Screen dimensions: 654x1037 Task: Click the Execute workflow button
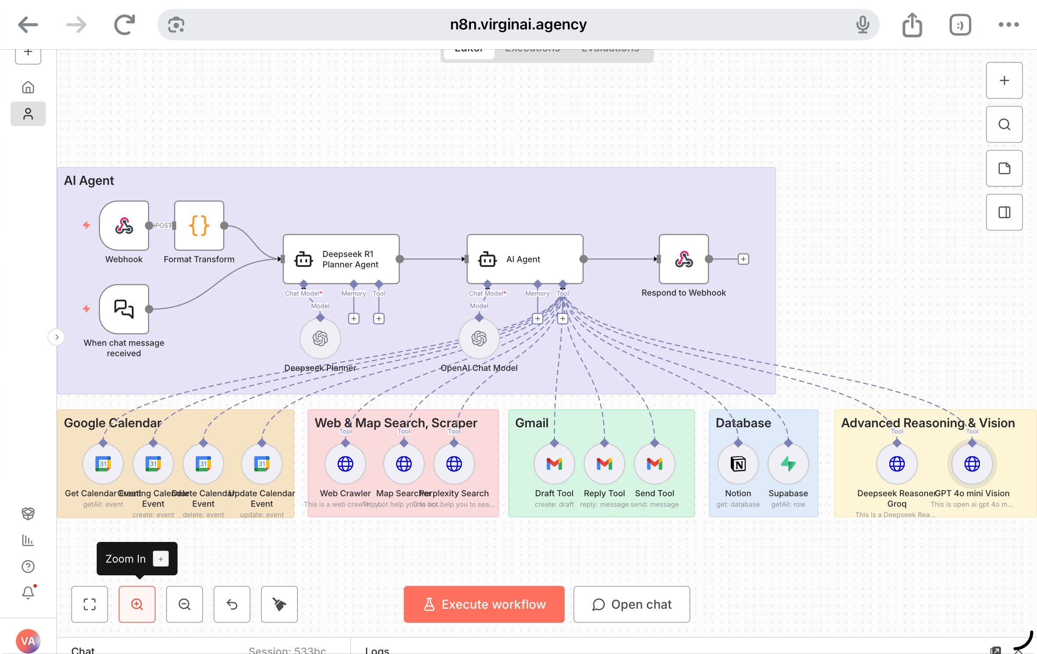tap(484, 604)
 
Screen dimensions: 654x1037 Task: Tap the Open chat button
tap(631, 604)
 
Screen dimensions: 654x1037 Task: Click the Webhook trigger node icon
tap(124, 226)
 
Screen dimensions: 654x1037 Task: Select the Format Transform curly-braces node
tap(199, 226)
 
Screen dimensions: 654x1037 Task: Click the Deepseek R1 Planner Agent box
tap(341, 259)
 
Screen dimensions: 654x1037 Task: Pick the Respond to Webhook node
tap(684, 259)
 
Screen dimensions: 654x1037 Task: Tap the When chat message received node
tap(124, 309)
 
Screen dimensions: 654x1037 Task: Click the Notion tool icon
tap(738, 464)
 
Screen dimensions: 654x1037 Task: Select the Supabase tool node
tap(788, 464)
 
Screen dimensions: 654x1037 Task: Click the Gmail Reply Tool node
tap(604, 464)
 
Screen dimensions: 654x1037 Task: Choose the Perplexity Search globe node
tap(454, 464)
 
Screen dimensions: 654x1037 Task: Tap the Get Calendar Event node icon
tap(103, 464)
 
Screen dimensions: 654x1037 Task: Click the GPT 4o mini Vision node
tap(972, 464)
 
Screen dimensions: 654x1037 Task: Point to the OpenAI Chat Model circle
tap(479, 338)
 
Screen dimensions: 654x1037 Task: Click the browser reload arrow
tap(124, 25)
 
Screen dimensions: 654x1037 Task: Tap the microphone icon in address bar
tap(863, 25)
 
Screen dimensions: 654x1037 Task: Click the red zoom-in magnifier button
tap(137, 604)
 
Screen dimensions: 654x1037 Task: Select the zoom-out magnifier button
tap(185, 604)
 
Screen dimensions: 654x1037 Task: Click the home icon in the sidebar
tap(28, 87)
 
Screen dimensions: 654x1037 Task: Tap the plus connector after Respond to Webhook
tap(743, 259)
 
